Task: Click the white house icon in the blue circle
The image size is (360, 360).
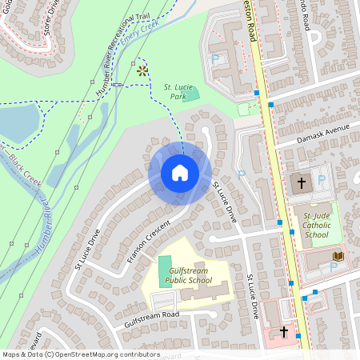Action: (x=180, y=173)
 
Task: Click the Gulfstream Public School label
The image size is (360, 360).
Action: (x=189, y=276)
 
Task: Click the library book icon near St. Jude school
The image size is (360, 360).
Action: (x=337, y=256)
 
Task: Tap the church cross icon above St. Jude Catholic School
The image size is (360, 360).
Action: (x=301, y=183)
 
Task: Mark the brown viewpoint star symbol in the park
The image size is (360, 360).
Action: (x=142, y=70)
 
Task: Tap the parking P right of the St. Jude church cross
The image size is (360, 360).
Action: (x=320, y=179)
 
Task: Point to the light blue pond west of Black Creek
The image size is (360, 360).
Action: (x=18, y=122)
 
